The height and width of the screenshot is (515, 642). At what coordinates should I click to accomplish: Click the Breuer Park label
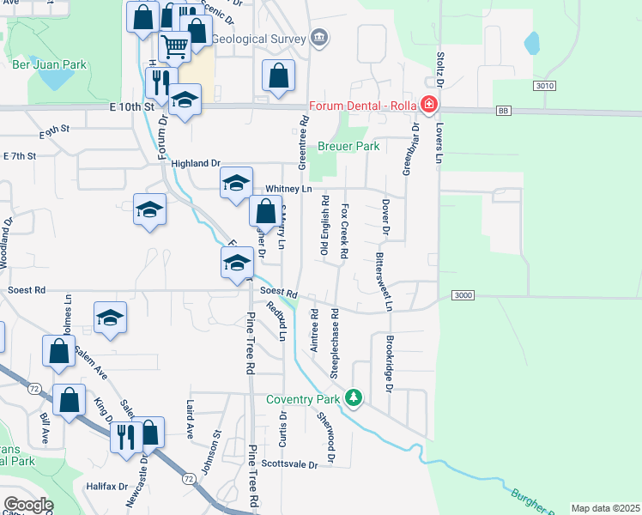(x=348, y=146)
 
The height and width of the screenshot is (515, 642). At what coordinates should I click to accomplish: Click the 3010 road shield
(x=543, y=86)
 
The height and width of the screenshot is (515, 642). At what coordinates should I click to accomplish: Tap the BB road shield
(x=504, y=112)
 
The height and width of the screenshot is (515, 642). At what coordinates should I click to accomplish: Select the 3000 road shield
(x=462, y=295)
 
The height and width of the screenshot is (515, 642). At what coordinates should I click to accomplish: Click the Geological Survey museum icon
(x=320, y=38)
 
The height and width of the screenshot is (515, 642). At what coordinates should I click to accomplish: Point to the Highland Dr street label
(x=196, y=163)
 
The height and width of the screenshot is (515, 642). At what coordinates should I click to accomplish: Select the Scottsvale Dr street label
(x=289, y=463)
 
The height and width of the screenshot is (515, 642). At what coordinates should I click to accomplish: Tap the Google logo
(x=28, y=505)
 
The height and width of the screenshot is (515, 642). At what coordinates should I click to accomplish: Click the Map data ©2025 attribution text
(x=604, y=508)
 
